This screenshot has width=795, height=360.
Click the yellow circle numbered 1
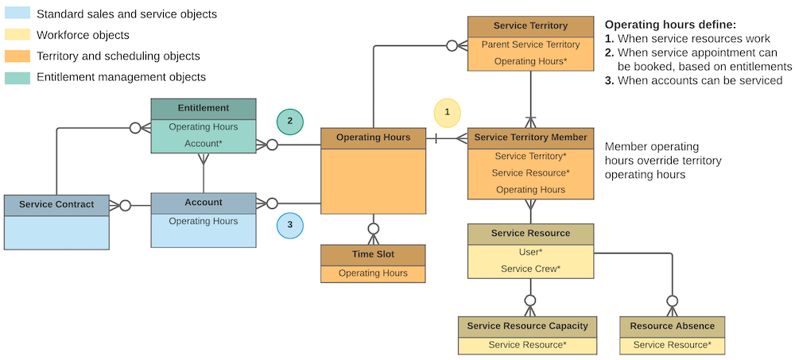click(x=447, y=112)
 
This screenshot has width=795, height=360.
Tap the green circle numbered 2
click(x=290, y=121)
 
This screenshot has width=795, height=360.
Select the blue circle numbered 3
click(x=290, y=225)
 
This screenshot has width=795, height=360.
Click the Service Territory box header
click(x=530, y=26)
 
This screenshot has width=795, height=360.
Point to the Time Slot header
click(x=373, y=254)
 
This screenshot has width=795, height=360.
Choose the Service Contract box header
click(x=56, y=204)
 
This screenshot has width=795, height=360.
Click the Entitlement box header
click(x=204, y=108)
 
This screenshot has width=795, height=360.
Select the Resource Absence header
click(x=672, y=326)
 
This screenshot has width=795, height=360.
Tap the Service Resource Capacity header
click(x=527, y=326)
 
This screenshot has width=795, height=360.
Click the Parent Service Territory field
click(x=530, y=45)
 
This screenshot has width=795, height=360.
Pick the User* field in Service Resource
click(x=530, y=252)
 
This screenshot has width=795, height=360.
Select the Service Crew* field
click(x=530, y=269)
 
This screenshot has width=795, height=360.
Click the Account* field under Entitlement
click(x=204, y=143)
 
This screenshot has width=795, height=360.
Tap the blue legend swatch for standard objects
click(x=17, y=14)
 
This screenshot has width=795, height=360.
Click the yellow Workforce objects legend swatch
click(x=17, y=35)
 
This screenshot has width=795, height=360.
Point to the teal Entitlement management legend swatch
click(x=17, y=77)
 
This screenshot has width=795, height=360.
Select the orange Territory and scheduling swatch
click(x=17, y=56)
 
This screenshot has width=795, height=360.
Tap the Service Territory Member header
click(x=530, y=137)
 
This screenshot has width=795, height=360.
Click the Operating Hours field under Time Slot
click(x=373, y=273)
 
